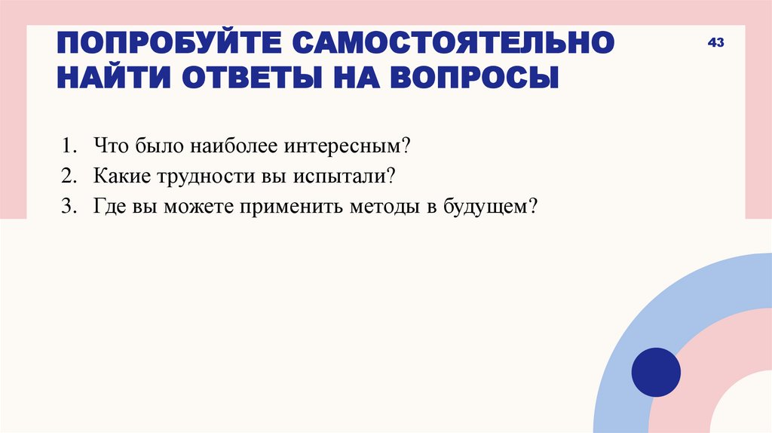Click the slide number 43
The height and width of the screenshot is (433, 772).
tap(715, 43)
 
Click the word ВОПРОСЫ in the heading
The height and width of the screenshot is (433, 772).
tap(476, 78)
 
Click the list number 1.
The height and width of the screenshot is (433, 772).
tap(69, 144)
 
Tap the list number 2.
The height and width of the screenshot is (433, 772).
tap(69, 176)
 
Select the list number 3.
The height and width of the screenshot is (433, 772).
tap(69, 207)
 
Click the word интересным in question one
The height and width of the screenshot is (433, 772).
tap(354, 144)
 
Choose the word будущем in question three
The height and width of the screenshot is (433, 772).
tap(489, 207)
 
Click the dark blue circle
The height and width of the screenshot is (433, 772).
tap(656, 372)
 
